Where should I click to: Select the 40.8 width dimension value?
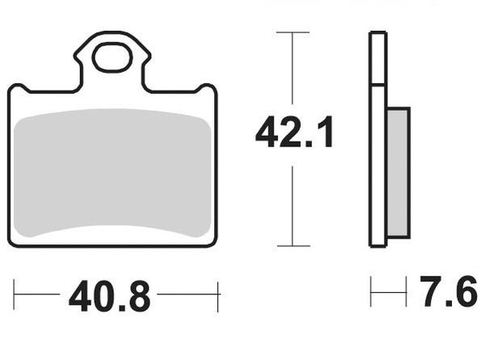[109, 297]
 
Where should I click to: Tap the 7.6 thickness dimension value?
[447, 293]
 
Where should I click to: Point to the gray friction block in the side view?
[398, 173]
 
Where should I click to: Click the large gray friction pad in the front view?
[112, 175]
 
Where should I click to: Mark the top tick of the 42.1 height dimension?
[293, 32]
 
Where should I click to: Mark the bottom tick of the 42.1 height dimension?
[293, 245]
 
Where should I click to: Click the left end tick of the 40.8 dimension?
[15, 296]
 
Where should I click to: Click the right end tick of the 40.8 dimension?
[218, 296]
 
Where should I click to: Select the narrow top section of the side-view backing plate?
[377, 57]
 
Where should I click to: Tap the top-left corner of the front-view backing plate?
[11, 88]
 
